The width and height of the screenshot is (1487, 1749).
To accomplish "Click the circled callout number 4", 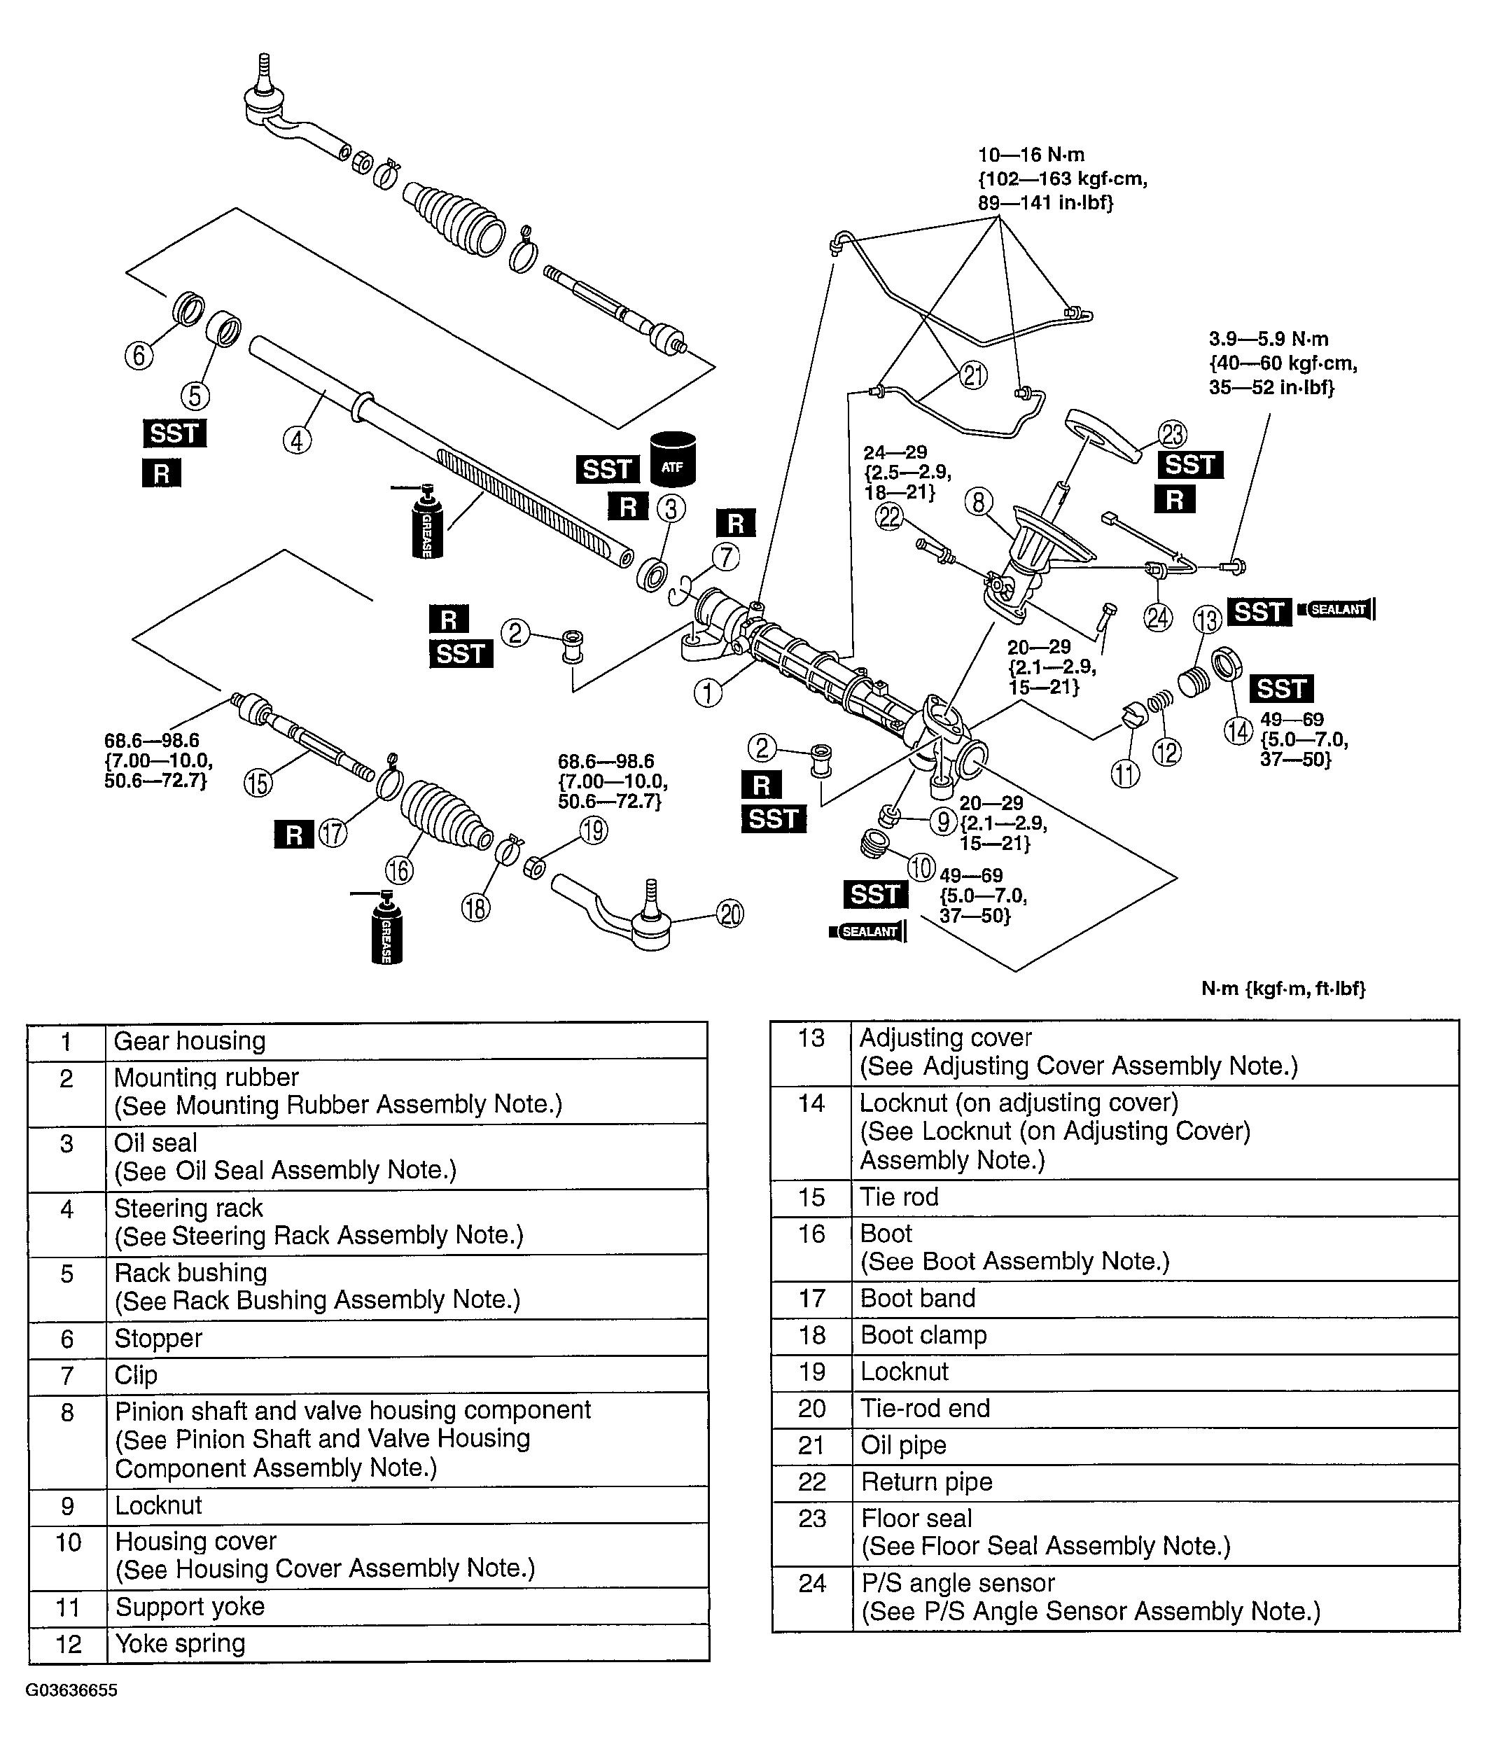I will click(297, 439).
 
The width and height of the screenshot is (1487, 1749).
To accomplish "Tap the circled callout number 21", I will click(974, 375).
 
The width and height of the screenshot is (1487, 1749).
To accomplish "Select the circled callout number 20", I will click(730, 914).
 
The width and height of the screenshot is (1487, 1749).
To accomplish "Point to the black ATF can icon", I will click(673, 460).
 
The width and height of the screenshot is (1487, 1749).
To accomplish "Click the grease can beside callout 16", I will click(387, 929).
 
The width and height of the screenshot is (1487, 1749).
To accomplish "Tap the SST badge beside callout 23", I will click(1190, 464).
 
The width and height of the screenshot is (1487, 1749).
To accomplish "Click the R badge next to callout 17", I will click(293, 835).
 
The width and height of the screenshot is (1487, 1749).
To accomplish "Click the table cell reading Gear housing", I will click(405, 1041).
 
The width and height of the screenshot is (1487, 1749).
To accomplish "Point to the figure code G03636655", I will click(71, 1690).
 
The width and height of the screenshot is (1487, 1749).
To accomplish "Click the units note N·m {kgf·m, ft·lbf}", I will click(1282, 989).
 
